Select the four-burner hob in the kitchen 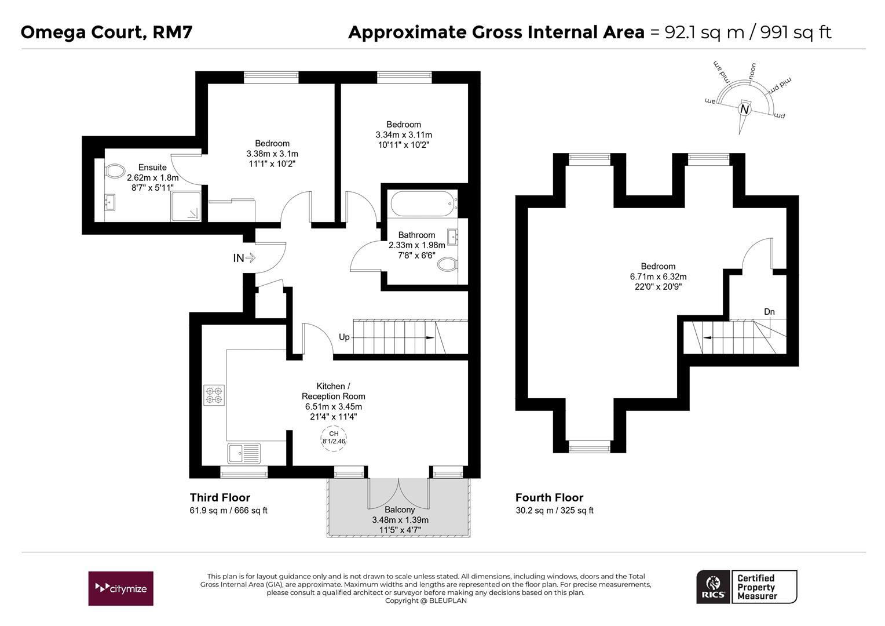point(214,395)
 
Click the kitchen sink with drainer point(244,453)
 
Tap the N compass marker point(745,109)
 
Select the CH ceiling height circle point(334,438)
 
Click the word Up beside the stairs point(344,337)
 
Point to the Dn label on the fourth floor point(769,312)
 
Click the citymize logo point(121,588)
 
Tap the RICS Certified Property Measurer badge point(747,587)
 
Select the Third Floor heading point(220,497)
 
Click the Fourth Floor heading point(550,497)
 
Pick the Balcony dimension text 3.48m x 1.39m point(400,520)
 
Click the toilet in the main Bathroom point(448,264)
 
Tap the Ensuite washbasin point(109,202)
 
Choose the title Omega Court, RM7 point(107,32)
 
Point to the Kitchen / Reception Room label point(334,391)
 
